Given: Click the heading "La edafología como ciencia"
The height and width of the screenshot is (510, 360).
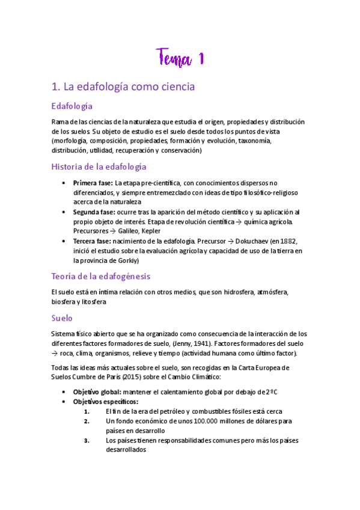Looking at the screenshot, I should (123, 87).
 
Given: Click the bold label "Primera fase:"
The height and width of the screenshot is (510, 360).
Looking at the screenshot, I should (93, 183).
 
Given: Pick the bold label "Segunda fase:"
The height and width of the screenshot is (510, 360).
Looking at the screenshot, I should (93, 212).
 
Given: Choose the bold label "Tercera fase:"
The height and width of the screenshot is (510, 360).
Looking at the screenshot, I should (92, 241).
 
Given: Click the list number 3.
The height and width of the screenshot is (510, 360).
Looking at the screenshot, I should (87, 440).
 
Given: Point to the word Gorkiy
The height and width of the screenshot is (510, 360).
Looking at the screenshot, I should (124, 260).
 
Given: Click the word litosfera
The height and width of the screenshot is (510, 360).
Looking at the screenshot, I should (94, 302).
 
